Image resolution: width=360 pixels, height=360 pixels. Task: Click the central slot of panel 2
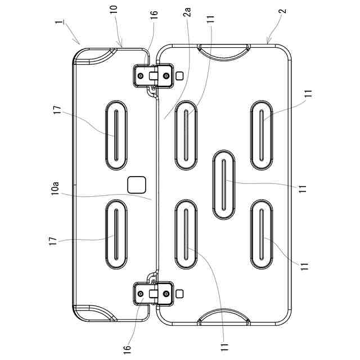(223, 184)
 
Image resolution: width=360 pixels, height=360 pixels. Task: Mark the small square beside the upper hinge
(180, 75)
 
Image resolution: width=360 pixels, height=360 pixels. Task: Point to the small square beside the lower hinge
(180, 294)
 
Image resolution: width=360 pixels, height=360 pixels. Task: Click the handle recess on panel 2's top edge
(225, 52)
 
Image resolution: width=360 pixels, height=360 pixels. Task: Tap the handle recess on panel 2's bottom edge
(225, 317)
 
